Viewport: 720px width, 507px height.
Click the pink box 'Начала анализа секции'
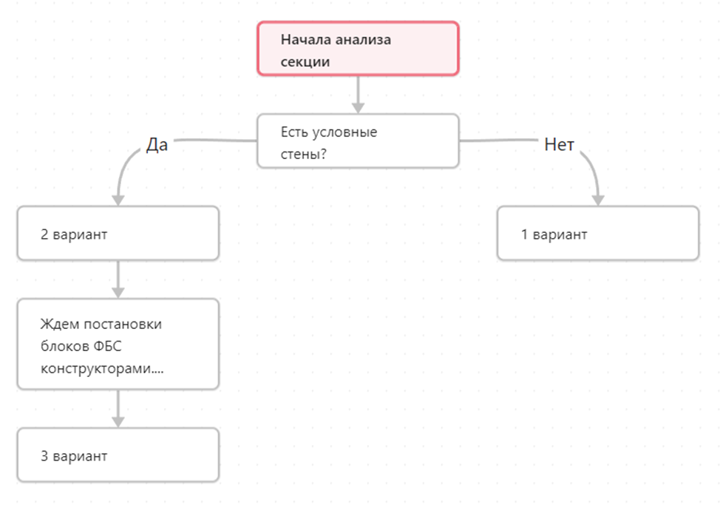[358, 48]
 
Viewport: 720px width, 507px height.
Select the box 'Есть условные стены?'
[358, 141]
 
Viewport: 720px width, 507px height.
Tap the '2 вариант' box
[118, 234]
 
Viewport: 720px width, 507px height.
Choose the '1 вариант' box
[598, 234]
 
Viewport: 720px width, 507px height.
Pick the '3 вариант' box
[118, 455]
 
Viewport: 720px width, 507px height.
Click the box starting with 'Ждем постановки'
[118, 344]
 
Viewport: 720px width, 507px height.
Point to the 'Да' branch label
[157, 145]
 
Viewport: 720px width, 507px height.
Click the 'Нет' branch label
[559, 145]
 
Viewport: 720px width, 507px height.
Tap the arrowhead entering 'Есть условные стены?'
[359, 108]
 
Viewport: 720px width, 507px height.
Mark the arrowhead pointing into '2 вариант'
[118, 200]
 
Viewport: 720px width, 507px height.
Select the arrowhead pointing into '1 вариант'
[598, 200]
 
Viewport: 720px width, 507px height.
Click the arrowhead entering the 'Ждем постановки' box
[118, 293]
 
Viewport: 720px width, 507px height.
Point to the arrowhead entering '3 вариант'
[118, 422]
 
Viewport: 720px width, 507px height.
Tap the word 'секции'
[305, 62]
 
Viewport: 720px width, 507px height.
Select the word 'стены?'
[304, 154]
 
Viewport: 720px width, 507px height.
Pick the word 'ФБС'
[107, 346]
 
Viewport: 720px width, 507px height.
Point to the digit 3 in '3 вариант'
[44, 455]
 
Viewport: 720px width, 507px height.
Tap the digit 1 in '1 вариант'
[524, 234]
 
